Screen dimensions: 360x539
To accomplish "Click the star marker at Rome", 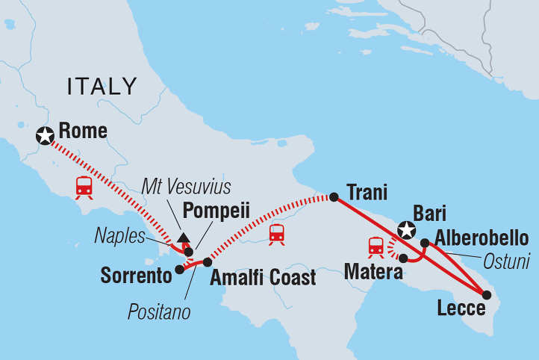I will click(46, 135).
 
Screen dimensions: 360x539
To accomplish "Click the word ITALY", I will click(102, 87).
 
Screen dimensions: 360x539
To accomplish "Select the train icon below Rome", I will click(84, 186).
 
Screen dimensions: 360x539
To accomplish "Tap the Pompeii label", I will click(216, 211).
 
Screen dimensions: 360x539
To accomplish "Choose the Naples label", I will click(119, 236).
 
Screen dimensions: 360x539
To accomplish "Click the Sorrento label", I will click(136, 276).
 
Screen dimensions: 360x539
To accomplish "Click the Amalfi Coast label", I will click(263, 278).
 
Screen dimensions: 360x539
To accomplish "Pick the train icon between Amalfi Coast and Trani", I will click(277, 233).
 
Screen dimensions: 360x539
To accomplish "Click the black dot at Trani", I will click(334, 197).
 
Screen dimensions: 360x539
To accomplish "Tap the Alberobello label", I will click(482, 238).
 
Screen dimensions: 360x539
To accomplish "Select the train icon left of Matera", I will click(376, 245).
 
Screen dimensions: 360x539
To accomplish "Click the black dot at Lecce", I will click(485, 295).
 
